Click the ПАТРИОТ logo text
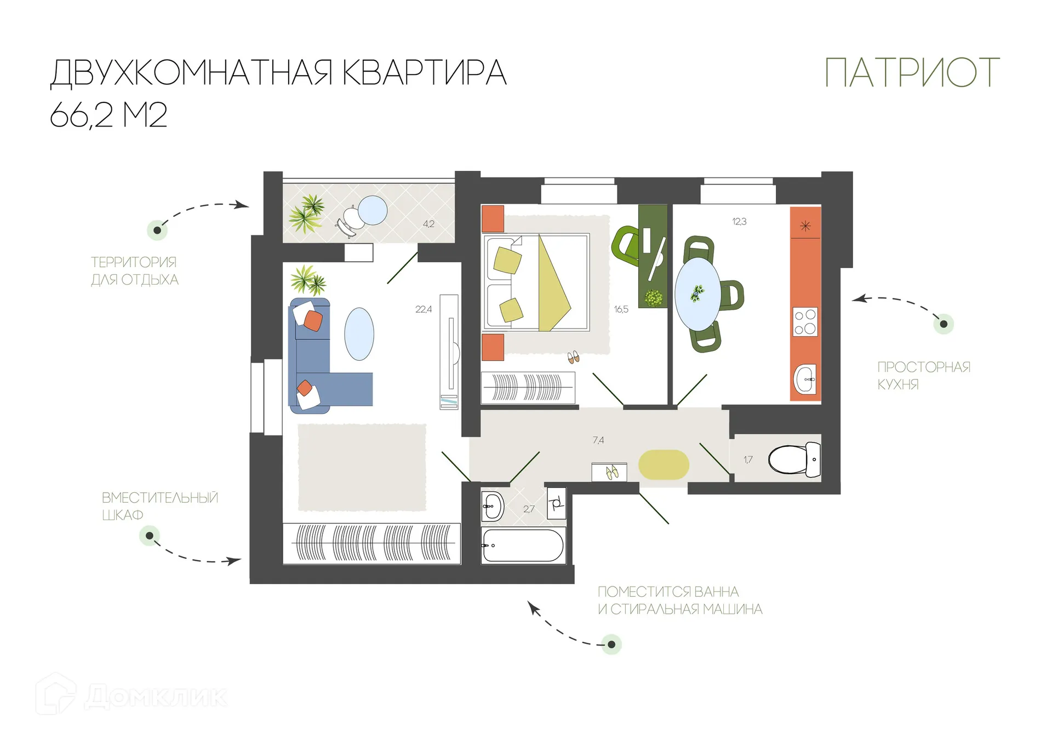[912, 73]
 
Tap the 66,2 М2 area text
[108, 116]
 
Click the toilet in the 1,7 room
[794, 459]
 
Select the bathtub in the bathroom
[523, 545]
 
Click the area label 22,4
[423, 309]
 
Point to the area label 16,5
[621, 309]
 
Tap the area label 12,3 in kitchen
[739, 222]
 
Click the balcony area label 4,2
[428, 224]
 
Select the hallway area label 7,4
[598, 440]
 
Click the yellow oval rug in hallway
[664, 465]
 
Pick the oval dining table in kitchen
[697, 294]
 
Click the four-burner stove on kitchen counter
[805, 322]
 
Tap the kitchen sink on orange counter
[805, 379]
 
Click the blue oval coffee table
[359, 334]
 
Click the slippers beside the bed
[573, 358]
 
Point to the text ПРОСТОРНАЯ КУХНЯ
[923, 376]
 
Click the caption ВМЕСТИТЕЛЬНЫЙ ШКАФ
[159, 506]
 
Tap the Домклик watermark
[131, 696]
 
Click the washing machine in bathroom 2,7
[556, 503]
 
